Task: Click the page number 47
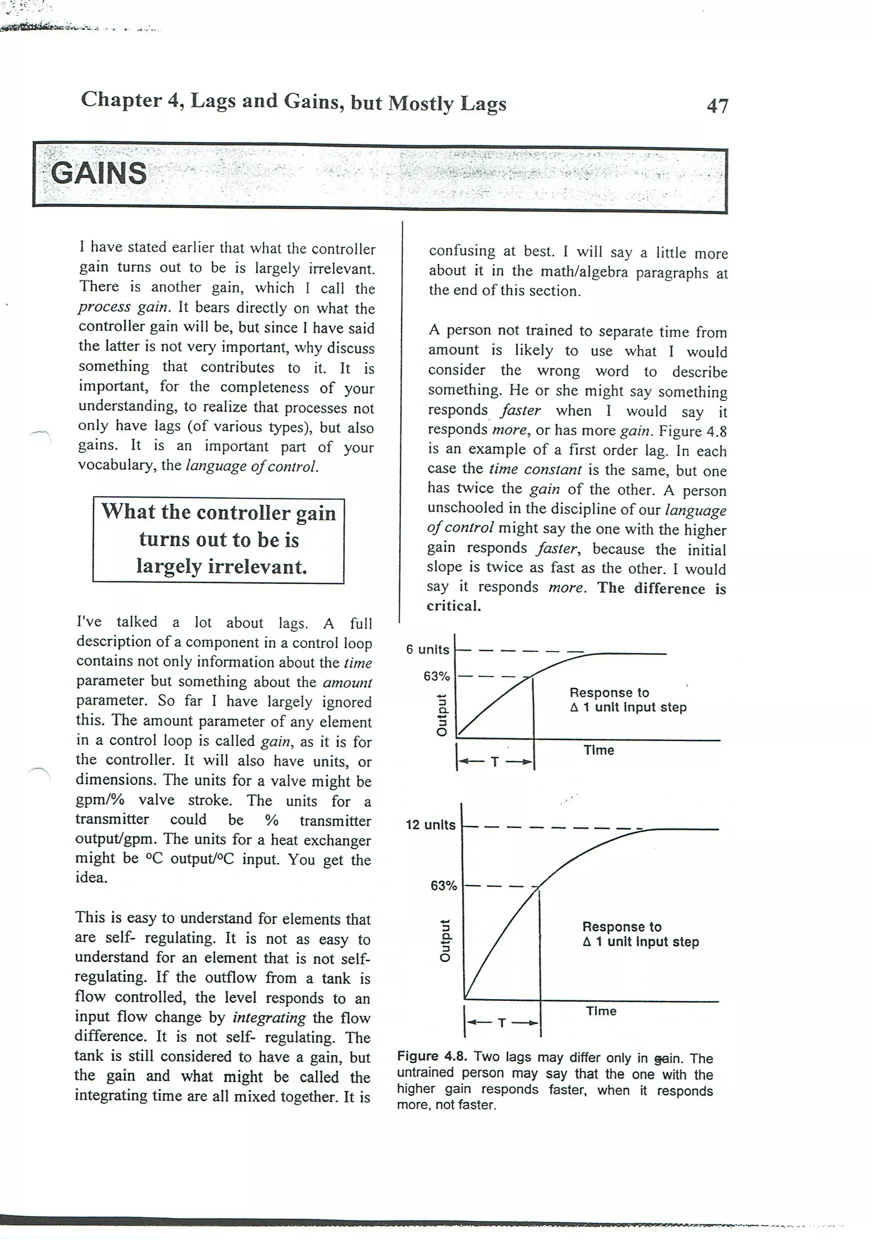click(x=717, y=106)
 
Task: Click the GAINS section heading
click(x=98, y=174)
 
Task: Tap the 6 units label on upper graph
click(x=427, y=650)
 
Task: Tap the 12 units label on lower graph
click(x=430, y=825)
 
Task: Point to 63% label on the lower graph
click(x=444, y=886)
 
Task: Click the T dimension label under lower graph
click(x=502, y=1023)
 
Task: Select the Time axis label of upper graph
click(x=598, y=751)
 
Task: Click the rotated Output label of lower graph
click(x=445, y=940)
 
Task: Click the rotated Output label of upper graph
click(x=442, y=715)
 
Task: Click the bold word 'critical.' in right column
click(x=453, y=606)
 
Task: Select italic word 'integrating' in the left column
click(x=269, y=1018)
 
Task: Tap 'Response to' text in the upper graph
click(x=609, y=693)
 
